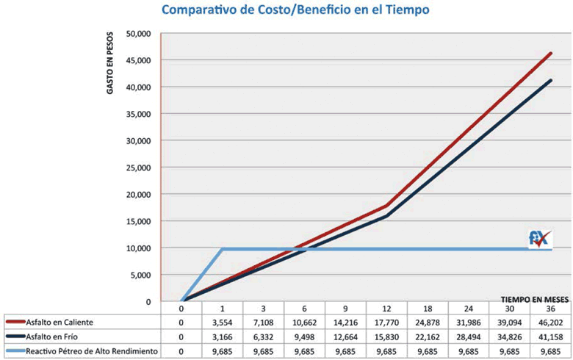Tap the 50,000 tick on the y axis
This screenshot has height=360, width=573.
point(138,34)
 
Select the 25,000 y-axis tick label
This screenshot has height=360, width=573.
point(138,168)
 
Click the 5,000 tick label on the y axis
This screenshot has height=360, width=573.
point(140,275)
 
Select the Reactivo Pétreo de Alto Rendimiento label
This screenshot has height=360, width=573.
point(92,351)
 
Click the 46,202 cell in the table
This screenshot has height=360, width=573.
point(550,322)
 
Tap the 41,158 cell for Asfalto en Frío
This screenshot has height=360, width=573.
point(550,336)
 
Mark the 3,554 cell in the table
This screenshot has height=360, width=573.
point(221,322)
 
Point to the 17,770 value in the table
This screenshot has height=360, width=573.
point(386,322)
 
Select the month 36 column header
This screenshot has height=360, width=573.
point(550,309)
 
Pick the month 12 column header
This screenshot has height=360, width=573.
point(386,309)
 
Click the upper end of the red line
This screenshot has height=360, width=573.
point(550,53)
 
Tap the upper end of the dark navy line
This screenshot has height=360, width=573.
point(550,80)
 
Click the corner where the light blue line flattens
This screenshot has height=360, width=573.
point(222,249)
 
